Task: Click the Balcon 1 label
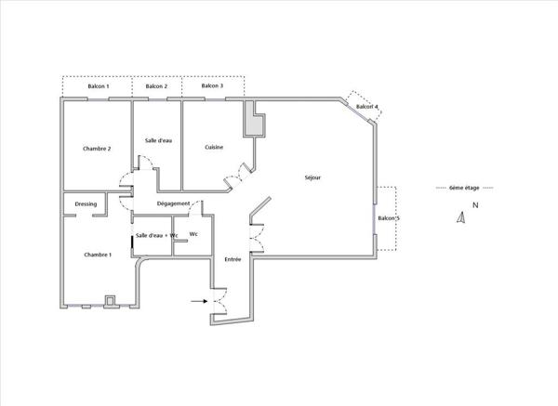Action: [x=99, y=86]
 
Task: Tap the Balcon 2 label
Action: [x=156, y=86]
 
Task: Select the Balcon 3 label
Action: [x=212, y=85]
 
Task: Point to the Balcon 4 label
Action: [x=367, y=107]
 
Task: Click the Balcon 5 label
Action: [x=389, y=218]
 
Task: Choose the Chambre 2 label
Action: [x=97, y=149]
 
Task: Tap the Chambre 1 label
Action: [x=98, y=255]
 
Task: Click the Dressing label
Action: [x=86, y=204]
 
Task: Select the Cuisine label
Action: [x=214, y=147]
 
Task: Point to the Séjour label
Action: [x=312, y=177]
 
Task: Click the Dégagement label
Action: [x=173, y=203]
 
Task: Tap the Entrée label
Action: [x=232, y=259]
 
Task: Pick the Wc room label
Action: [x=193, y=234]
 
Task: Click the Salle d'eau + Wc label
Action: [x=156, y=235]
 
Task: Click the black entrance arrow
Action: [x=199, y=301]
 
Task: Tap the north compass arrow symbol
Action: [x=461, y=217]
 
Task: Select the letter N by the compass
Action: [x=475, y=205]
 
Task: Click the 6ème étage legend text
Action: [x=464, y=188]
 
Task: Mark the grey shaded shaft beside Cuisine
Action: [x=254, y=119]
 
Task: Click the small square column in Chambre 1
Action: [x=110, y=301]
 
